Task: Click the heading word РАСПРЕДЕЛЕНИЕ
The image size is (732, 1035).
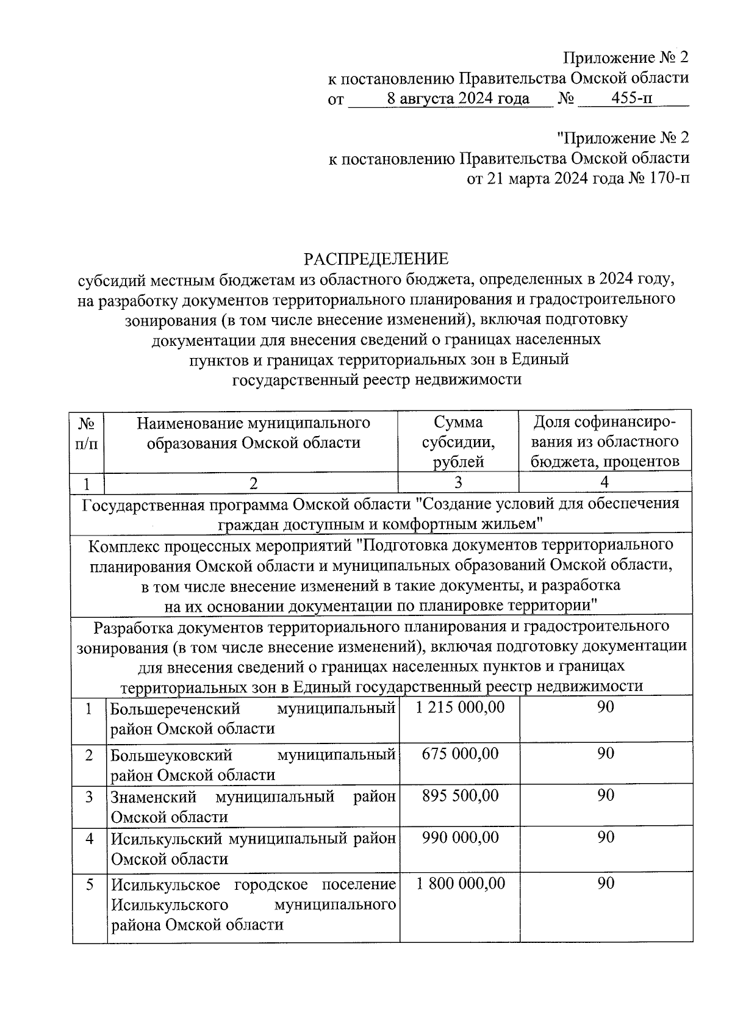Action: (376, 259)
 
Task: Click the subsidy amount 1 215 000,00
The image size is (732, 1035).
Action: (461, 707)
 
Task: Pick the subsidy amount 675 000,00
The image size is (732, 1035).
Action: (461, 754)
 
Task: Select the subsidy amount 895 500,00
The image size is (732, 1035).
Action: (461, 795)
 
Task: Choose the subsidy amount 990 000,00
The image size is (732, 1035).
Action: (461, 837)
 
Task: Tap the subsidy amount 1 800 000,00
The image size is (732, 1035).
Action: (461, 883)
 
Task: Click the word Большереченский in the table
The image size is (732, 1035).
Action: (175, 709)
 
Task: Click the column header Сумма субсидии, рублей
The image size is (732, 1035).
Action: (458, 442)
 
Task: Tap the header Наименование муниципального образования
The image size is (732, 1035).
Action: (253, 432)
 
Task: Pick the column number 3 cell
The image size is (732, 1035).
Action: (458, 482)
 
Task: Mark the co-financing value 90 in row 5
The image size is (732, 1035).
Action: (606, 883)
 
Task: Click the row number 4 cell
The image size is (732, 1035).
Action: (90, 839)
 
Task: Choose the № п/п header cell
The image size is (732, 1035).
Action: (87, 432)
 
